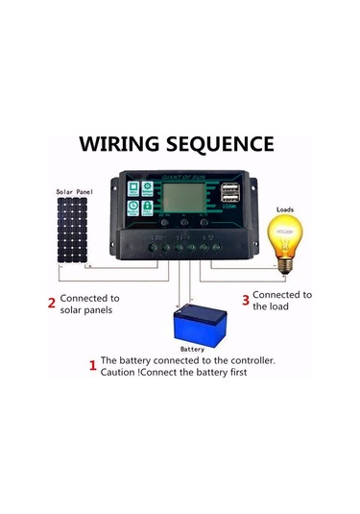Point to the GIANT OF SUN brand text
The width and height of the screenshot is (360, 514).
[183, 178]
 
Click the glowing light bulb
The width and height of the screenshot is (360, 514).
[284, 237]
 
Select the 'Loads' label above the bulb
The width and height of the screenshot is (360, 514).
[285, 208]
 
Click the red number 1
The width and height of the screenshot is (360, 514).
[92, 365]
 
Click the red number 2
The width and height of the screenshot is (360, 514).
[51, 305]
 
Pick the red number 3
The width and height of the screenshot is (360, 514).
[245, 300]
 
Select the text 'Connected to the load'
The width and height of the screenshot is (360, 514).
[281, 301]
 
